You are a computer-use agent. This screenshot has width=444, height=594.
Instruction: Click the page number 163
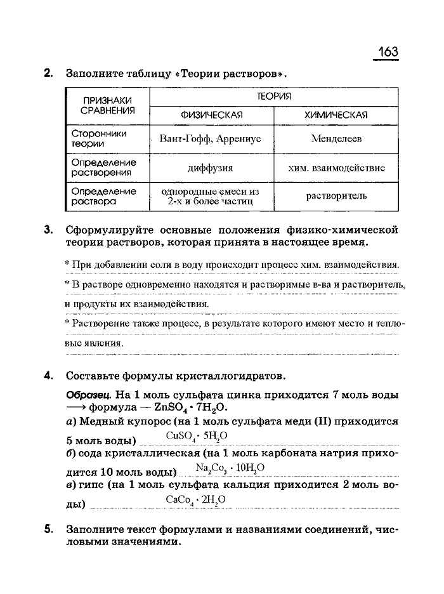(x=388, y=51)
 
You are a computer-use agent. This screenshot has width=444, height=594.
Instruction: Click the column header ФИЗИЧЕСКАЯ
(x=212, y=115)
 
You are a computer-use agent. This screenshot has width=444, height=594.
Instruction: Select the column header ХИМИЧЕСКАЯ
(x=336, y=115)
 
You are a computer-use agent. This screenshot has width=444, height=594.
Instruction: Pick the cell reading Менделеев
(x=336, y=139)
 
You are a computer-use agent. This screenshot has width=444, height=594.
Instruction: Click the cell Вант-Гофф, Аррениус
(x=211, y=139)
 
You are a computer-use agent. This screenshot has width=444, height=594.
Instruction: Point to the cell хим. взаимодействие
(x=336, y=168)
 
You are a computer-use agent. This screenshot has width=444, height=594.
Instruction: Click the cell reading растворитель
(x=336, y=196)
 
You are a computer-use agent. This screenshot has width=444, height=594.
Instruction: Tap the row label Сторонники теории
(x=99, y=139)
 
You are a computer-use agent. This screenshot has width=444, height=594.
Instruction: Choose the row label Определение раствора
(x=103, y=196)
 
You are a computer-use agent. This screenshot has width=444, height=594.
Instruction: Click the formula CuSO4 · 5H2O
(x=197, y=437)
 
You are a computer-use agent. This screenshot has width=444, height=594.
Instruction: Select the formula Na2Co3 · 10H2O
(x=230, y=469)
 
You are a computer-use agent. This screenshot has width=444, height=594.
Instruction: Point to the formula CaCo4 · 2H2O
(x=195, y=501)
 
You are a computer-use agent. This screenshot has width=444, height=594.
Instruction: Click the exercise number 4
(x=48, y=374)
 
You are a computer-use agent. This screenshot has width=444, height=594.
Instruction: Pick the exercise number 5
(x=48, y=528)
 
